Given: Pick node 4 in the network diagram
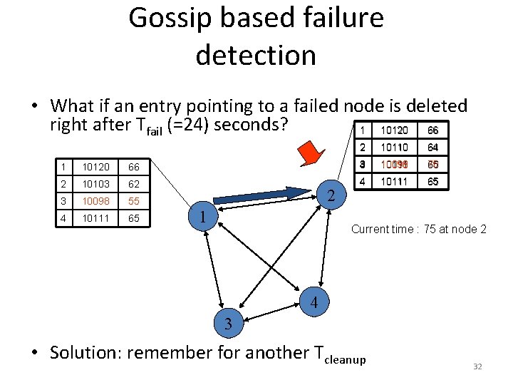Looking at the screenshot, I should (315, 303).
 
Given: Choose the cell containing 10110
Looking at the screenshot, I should (394, 148).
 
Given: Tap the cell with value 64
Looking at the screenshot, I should (432, 148).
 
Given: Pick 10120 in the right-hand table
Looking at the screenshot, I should (394, 130).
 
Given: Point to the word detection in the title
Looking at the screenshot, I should (256, 55).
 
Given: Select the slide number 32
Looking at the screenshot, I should (477, 366).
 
